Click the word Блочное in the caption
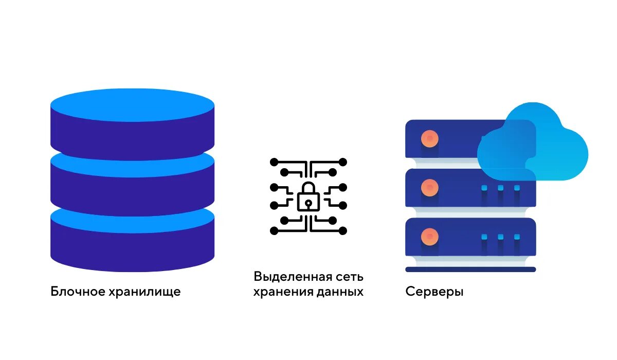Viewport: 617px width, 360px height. [78, 292]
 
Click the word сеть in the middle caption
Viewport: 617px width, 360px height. [350, 277]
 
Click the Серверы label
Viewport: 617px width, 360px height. [434, 292]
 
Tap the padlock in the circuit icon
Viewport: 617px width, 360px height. [308, 197]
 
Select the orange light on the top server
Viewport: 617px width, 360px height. [429, 138]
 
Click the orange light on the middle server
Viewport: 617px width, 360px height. [429, 188]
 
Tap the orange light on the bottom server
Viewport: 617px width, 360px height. [429, 237]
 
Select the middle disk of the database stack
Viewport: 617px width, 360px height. [132, 180]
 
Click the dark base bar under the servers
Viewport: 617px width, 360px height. [470, 269]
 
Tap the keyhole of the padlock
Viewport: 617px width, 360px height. [308, 203]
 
